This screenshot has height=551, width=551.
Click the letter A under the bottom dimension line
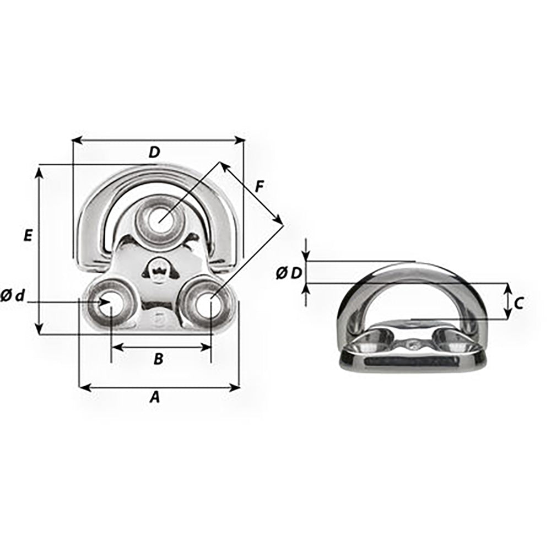pos(155,397)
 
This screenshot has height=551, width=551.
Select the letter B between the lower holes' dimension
pos(158,359)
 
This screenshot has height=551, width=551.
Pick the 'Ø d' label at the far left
pos(13,296)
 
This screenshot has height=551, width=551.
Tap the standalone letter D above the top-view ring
pos(154,153)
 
